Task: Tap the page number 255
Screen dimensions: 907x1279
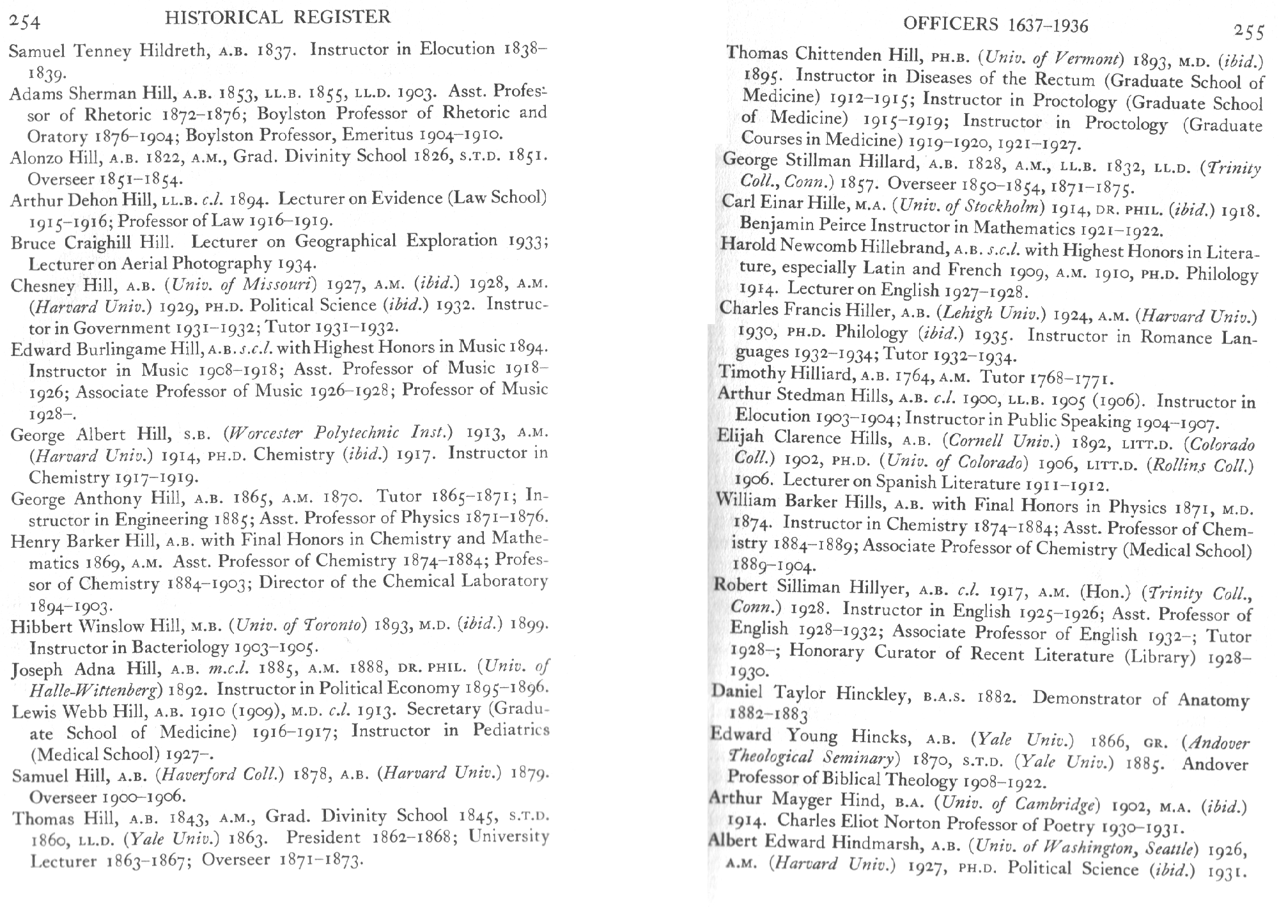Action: pyautogui.click(x=1249, y=31)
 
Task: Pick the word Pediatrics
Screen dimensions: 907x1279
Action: pyautogui.click(x=511, y=730)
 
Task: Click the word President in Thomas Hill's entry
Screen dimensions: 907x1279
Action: pyautogui.click(x=323, y=837)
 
